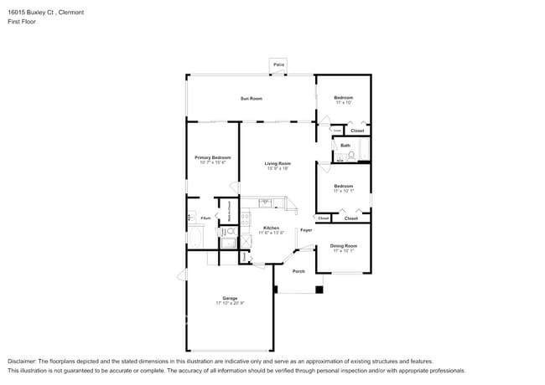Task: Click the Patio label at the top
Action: [x=278, y=64]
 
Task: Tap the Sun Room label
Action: [x=252, y=99]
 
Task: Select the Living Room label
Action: [x=278, y=163]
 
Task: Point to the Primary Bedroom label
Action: [x=213, y=157]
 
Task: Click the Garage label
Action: [x=230, y=298]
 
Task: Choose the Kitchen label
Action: [x=272, y=228]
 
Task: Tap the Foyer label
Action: [x=306, y=229]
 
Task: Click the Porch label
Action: [x=298, y=271]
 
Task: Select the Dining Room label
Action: [x=343, y=245]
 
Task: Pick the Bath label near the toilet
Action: [x=345, y=146]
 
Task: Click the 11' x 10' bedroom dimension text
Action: [x=344, y=103]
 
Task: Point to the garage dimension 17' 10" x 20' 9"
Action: [x=230, y=303]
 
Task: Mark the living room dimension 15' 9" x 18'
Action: [x=278, y=168]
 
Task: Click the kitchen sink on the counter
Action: [x=265, y=202]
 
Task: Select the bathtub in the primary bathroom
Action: [x=195, y=236]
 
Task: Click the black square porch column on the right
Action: [x=319, y=290]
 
